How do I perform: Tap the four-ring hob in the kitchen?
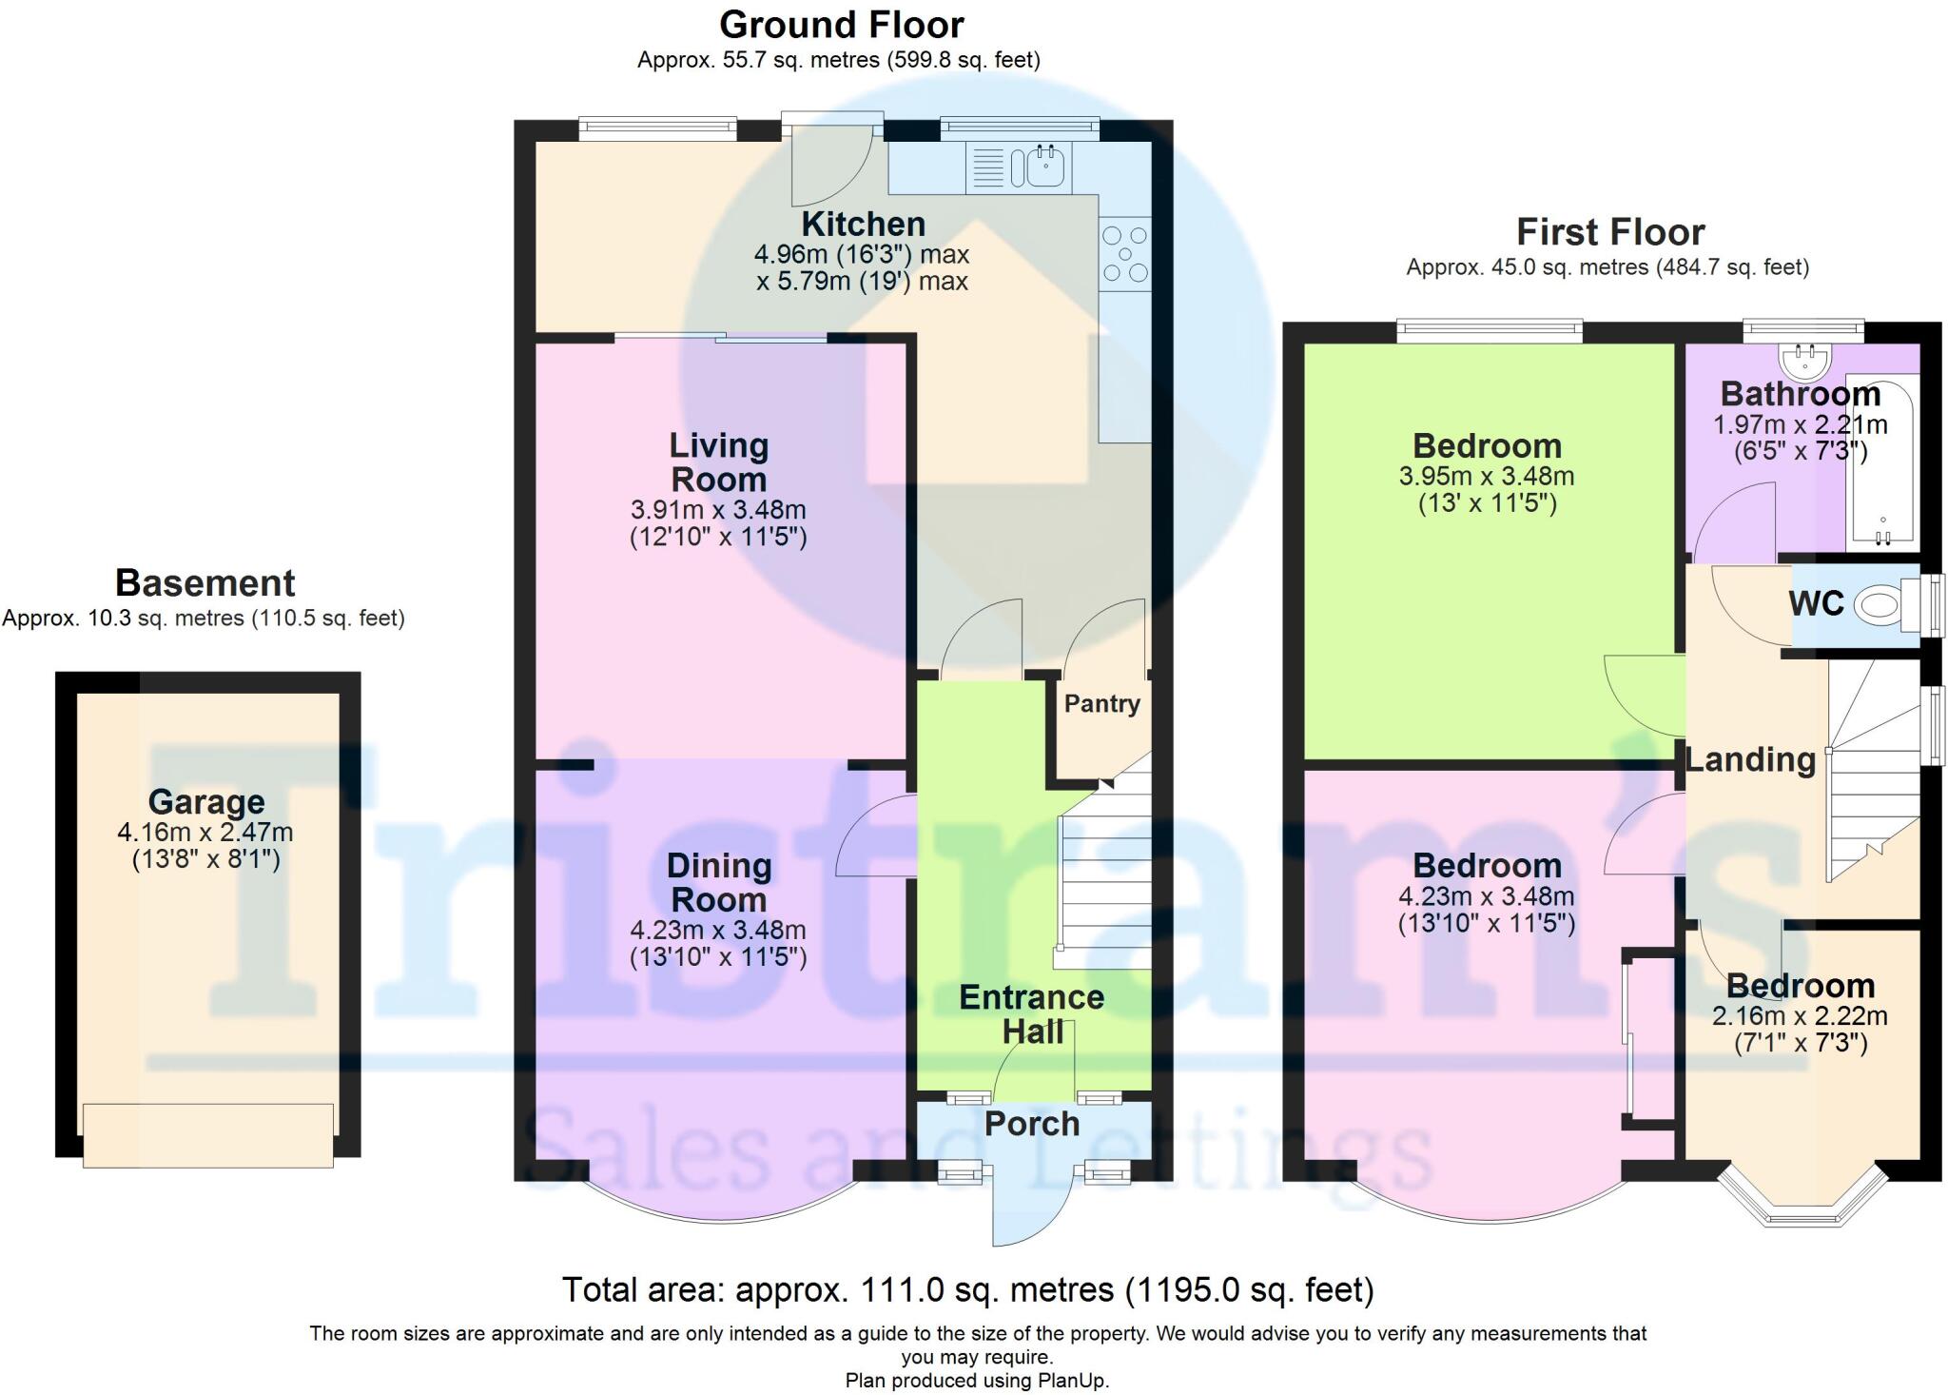tap(1125, 254)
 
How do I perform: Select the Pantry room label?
tap(1101, 704)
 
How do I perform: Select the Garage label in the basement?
tap(206, 802)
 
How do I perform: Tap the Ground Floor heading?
tap(841, 25)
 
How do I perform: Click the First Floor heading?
tap(1609, 232)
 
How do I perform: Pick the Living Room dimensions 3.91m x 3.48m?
tap(718, 509)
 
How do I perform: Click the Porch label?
tap(1032, 1124)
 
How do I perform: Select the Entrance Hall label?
tap(1032, 1014)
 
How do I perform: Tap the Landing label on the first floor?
tap(1750, 759)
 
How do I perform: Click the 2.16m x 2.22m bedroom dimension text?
tap(1800, 1016)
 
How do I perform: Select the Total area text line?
tap(967, 1290)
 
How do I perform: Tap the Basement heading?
tap(205, 582)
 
